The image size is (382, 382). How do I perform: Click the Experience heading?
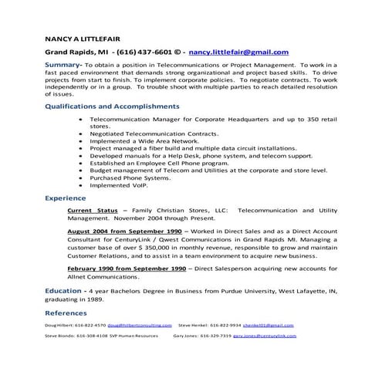tap(65, 198)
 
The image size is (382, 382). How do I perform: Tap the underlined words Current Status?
tap(93, 210)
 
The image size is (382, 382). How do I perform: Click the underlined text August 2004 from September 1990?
tap(124, 231)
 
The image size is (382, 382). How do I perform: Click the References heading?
tap(66, 313)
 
